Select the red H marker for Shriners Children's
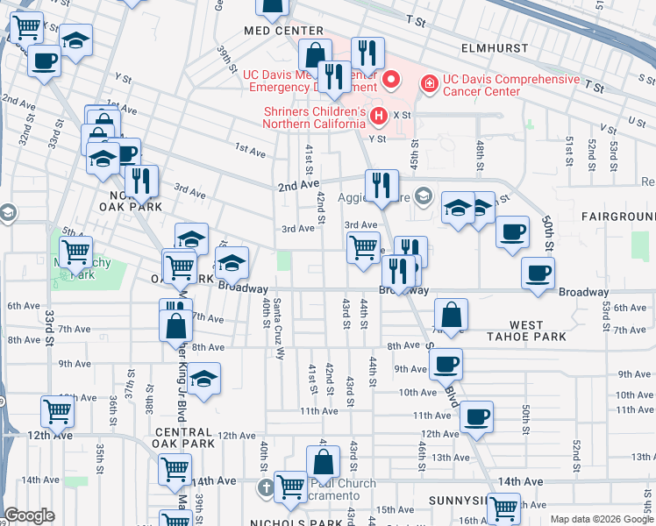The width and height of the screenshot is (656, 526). (379, 116)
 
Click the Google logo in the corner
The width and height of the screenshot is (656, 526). (30, 515)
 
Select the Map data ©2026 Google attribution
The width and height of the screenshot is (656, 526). (602, 519)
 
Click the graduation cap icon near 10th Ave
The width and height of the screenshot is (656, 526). (204, 379)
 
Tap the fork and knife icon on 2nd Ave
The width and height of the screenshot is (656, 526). (381, 184)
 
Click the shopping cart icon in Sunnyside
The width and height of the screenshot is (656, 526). (503, 507)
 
